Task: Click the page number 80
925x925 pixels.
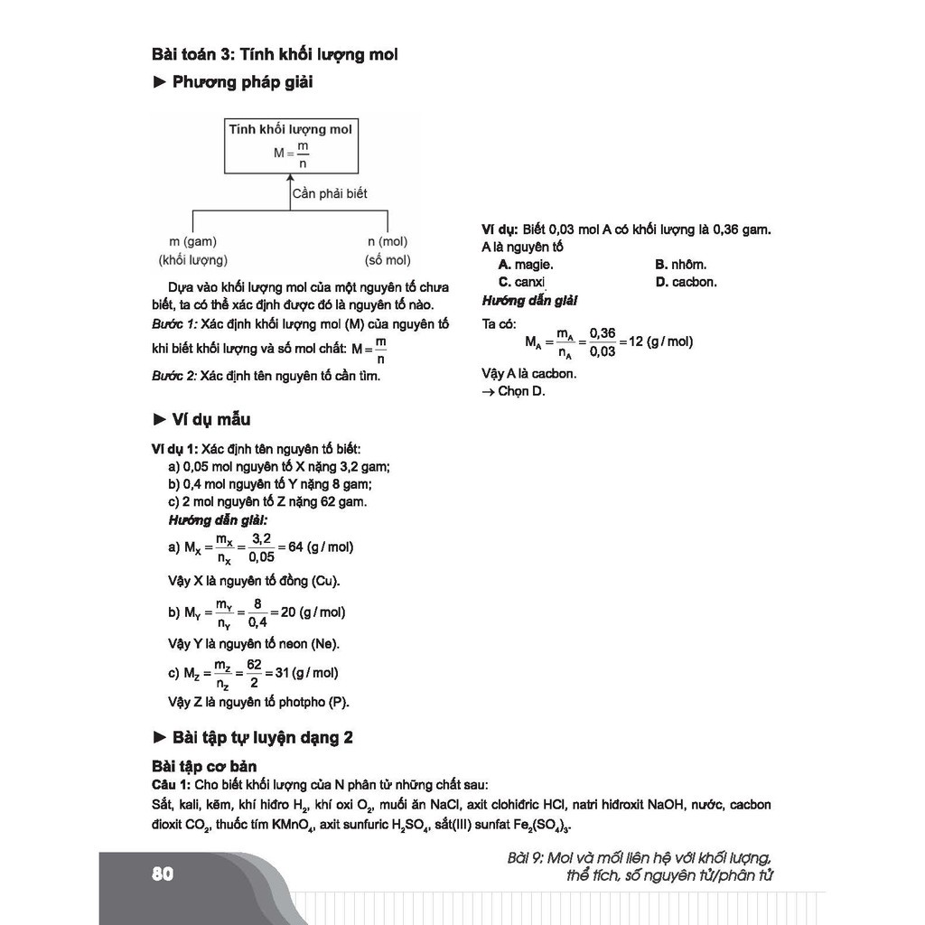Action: pos(163,874)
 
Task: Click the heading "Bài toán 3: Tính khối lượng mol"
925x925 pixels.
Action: pos(275,54)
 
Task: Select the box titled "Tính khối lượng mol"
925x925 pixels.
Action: pos(290,145)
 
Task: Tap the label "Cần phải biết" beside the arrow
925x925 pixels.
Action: pos(330,193)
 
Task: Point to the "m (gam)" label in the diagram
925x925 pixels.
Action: pos(193,242)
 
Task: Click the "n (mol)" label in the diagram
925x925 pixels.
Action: pos(388,242)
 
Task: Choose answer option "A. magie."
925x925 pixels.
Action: pos(525,265)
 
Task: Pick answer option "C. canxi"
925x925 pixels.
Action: pos(522,282)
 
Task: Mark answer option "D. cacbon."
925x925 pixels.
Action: pos(686,282)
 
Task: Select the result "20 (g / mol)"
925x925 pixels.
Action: pos(313,612)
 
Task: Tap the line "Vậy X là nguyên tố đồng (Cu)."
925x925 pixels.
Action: pos(256,581)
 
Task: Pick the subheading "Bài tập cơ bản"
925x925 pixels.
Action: pos(204,767)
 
